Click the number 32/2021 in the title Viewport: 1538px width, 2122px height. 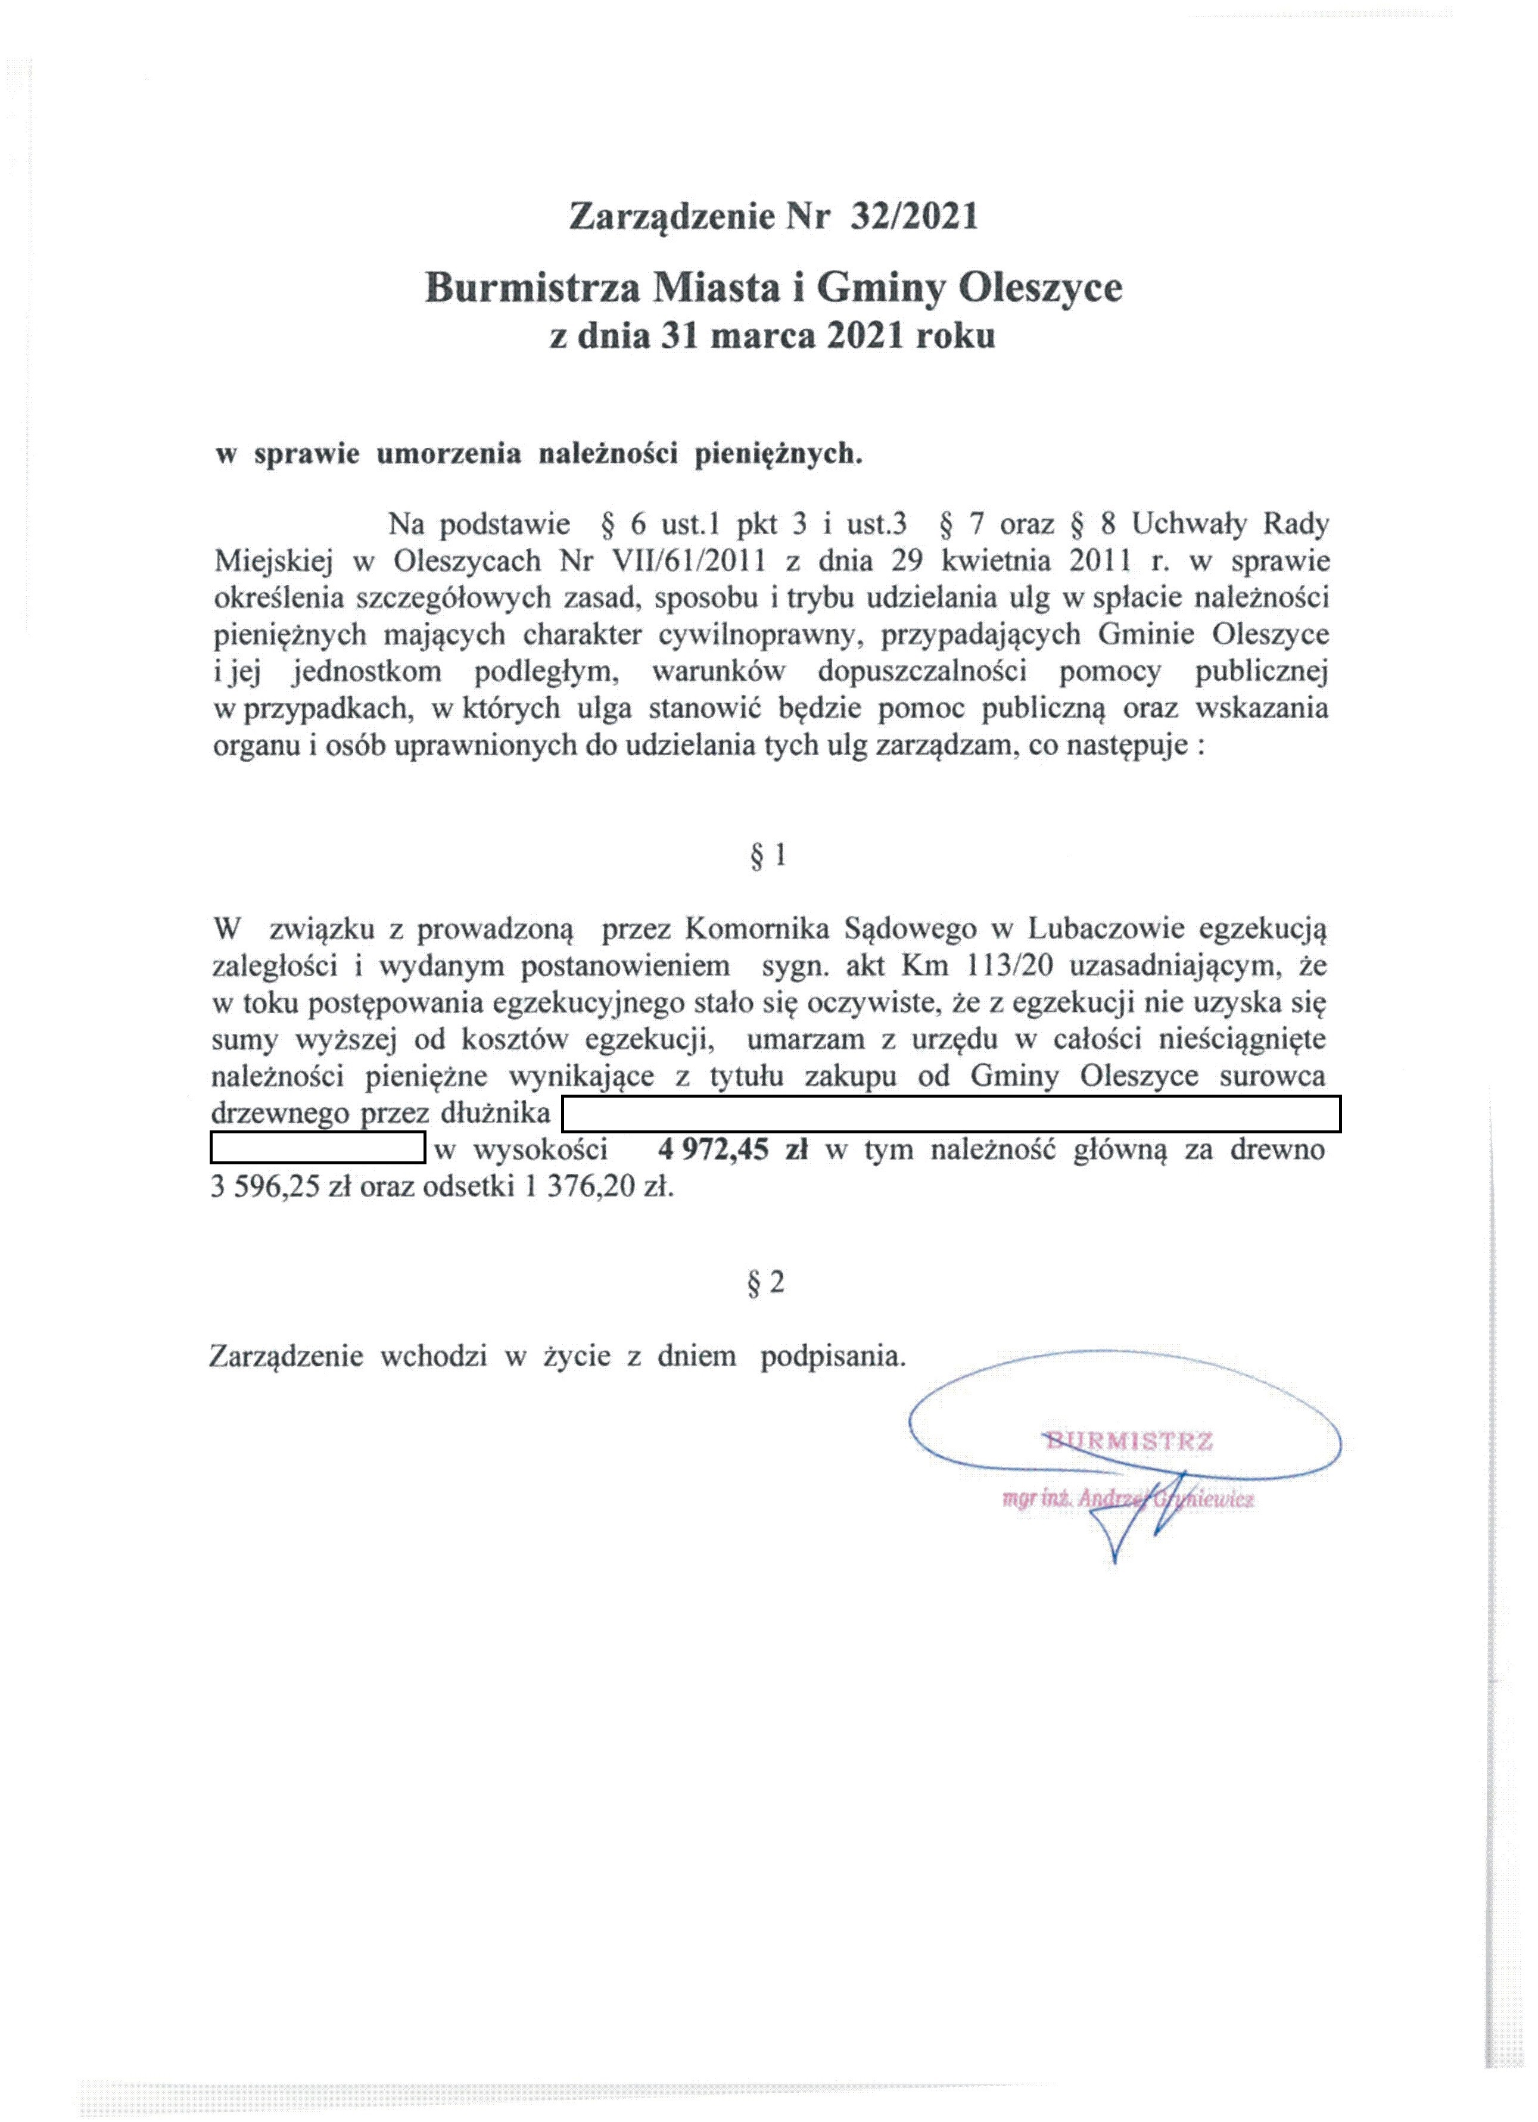pos(913,216)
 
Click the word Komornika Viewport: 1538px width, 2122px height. pos(758,929)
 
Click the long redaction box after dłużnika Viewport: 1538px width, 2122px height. pos(951,1113)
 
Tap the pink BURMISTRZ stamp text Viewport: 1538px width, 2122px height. pos(1128,1440)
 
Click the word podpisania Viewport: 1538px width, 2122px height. pos(833,1356)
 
